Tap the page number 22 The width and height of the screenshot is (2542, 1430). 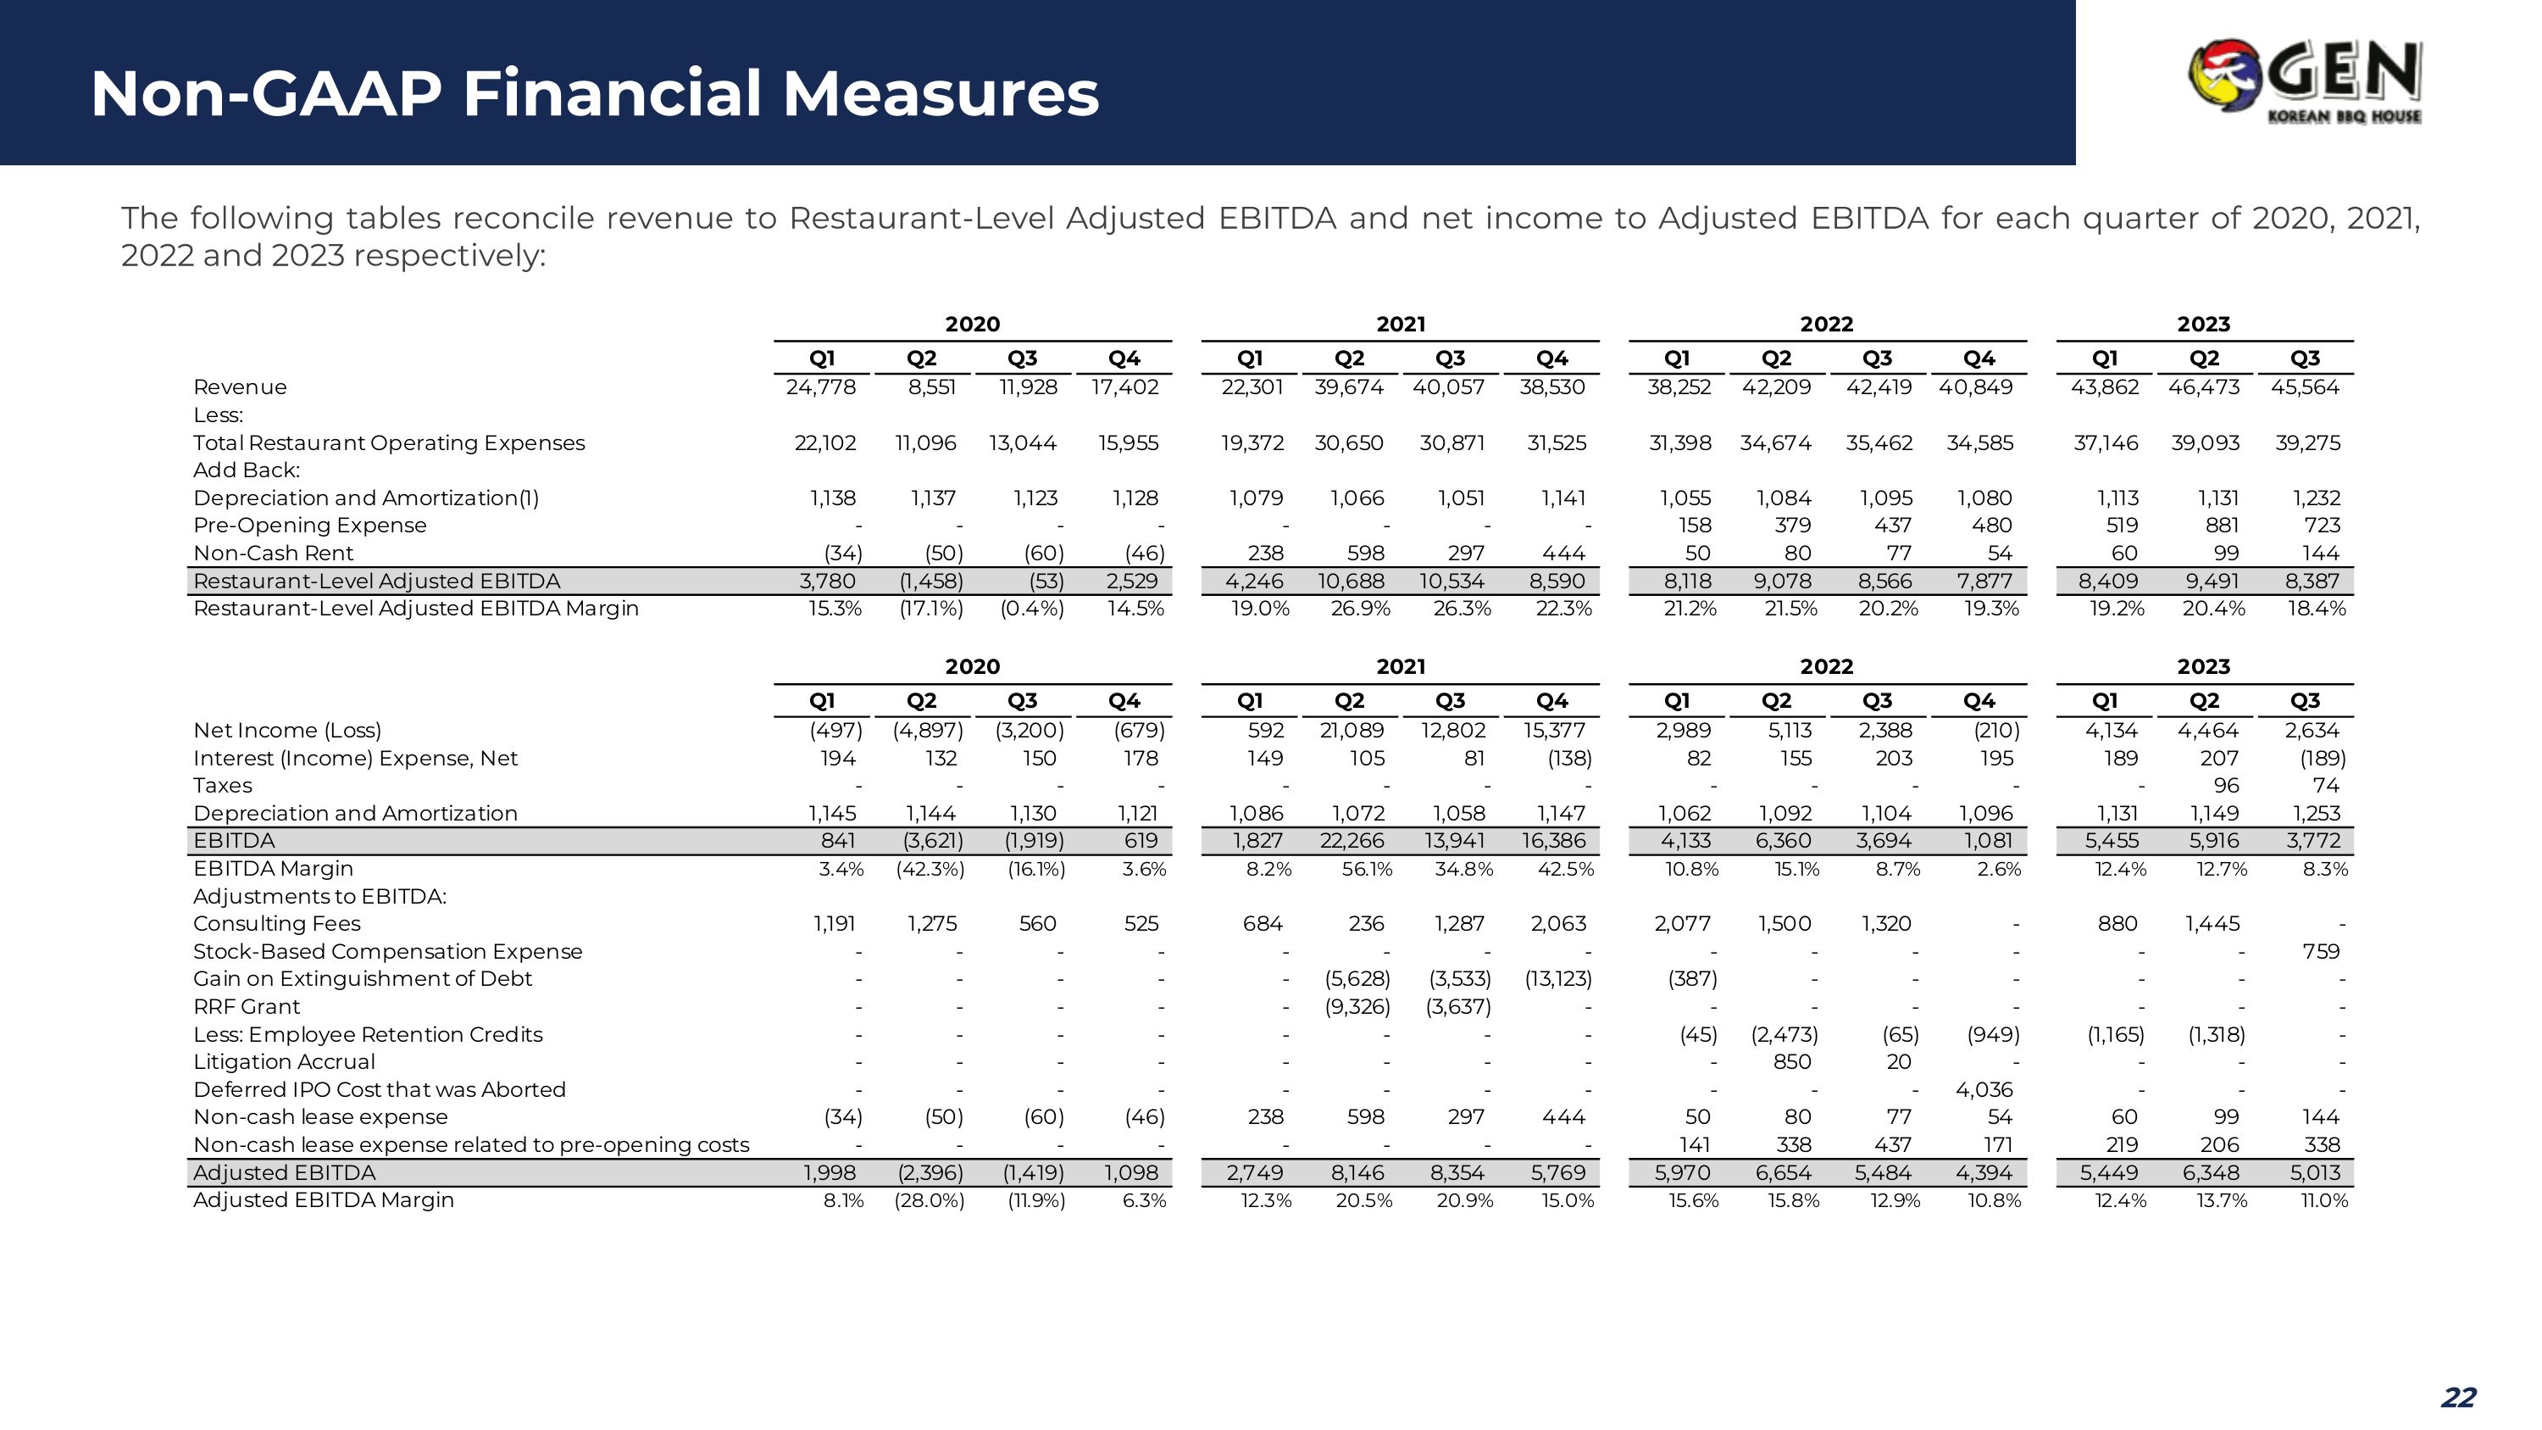point(2458,1398)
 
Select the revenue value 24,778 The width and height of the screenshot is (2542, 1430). point(821,387)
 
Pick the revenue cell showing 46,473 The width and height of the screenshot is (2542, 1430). point(2204,387)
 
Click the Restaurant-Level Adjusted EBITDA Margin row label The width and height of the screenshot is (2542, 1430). point(415,608)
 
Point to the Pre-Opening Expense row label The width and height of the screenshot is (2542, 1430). point(310,525)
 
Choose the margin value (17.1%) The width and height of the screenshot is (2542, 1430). point(930,608)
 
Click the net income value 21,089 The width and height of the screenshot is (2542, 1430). point(1351,731)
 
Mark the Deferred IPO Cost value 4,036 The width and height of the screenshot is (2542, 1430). point(1984,1089)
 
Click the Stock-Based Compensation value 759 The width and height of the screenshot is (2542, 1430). point(2321,951)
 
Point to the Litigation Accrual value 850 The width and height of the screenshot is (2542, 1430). point(1792,1062)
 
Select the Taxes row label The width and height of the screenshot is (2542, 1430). point(222,786)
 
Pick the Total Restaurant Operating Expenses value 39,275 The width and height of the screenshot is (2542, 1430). point(2307,443)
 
